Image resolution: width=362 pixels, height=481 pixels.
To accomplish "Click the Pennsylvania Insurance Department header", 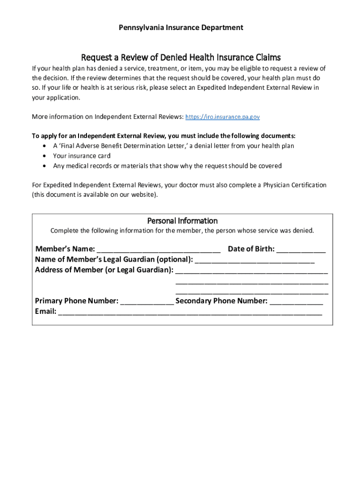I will (181, 28).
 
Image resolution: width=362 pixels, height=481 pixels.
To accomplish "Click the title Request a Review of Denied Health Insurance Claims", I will (181, 58).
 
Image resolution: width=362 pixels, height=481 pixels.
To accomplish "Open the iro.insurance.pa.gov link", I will (223, 117).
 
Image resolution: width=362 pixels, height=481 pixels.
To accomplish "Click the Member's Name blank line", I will (158, 249).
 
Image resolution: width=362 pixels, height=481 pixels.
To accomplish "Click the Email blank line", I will (190, 312).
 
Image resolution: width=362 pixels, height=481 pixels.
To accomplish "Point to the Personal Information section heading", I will (182, 221).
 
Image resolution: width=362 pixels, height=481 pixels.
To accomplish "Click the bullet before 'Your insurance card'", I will (44, 156).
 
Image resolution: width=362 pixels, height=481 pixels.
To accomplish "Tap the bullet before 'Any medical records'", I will (44, 166).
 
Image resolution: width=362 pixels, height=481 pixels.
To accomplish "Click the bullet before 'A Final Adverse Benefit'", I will (44, 146).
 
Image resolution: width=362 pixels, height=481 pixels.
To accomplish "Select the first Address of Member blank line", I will (252, 270).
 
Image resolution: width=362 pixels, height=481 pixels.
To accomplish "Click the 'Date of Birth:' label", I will (251, 249).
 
